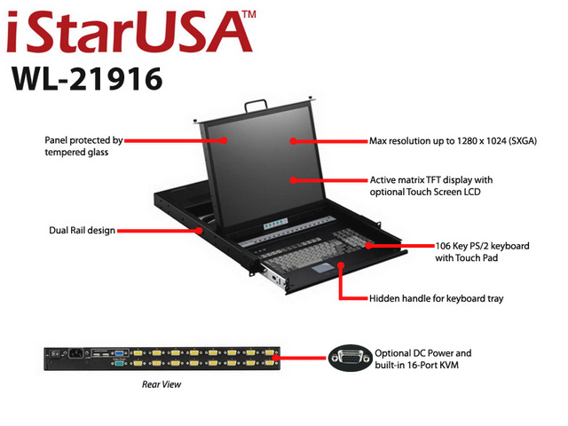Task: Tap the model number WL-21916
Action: [x=87, y=79]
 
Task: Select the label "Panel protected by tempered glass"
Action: [x=83, y=146]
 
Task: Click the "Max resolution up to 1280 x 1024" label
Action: [x=453, y=141]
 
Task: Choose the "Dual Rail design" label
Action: [x=82, y=231]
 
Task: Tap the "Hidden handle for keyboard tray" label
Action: [x=436, y=298]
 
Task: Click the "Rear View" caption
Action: [x=162, y=384]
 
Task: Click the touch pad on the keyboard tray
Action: [x=323, y=268]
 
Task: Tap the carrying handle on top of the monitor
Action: [x=256, y=106]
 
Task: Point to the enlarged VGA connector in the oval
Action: [x=351, y=358]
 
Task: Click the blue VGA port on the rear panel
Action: [x=121, y=353]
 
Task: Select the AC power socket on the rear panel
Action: [x=75, y=353]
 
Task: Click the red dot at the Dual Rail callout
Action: [x=199, y=231]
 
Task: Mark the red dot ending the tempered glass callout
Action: [x=224, y=140]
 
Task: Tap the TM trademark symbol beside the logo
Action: [x=249, y=14]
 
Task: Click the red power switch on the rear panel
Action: [x=55, y=353]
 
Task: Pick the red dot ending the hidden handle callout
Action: [x=341, y=265]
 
